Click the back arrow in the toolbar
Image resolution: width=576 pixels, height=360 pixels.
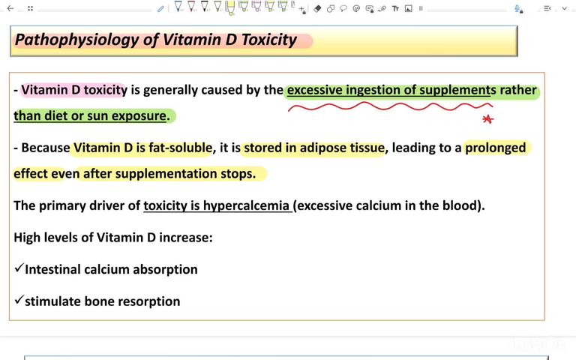10,8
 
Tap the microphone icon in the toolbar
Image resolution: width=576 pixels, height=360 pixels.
517,8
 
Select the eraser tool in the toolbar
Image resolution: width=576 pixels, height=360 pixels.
317,8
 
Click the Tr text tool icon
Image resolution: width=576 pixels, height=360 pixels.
395,8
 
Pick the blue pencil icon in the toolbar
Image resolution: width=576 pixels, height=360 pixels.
160,8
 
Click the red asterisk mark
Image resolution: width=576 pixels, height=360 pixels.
487,118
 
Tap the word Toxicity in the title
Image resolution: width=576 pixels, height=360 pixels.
268,40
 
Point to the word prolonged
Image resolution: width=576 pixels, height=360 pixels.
496,148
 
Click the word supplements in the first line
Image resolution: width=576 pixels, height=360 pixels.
454,90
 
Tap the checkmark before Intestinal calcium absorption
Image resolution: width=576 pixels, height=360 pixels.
19,268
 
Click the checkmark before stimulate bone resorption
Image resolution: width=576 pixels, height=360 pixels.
19,301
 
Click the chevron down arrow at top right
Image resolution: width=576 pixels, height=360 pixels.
568,8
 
